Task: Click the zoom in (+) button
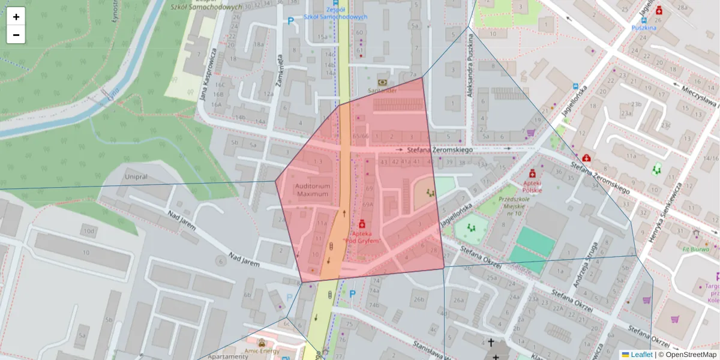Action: click(16, 17)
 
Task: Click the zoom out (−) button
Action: click(16, 35)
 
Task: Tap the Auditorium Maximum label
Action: click(312, 190)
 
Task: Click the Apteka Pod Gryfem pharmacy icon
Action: click(362, 223)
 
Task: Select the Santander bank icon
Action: click(382, 82)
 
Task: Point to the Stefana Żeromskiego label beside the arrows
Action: click(440, 149)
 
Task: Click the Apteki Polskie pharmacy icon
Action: click(532, 173)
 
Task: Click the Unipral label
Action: click(137, 178)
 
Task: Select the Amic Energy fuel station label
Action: click(261, 349)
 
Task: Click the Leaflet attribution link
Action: click(641, 355)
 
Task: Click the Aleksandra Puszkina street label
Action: click(470, 66)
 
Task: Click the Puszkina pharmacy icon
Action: click(659, 10)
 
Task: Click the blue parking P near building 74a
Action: click(353, 294)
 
